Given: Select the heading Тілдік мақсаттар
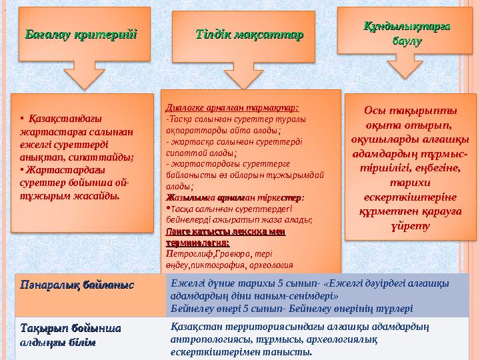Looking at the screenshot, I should tap(251, 34).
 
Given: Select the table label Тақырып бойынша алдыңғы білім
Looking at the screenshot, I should tap(70, 335).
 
